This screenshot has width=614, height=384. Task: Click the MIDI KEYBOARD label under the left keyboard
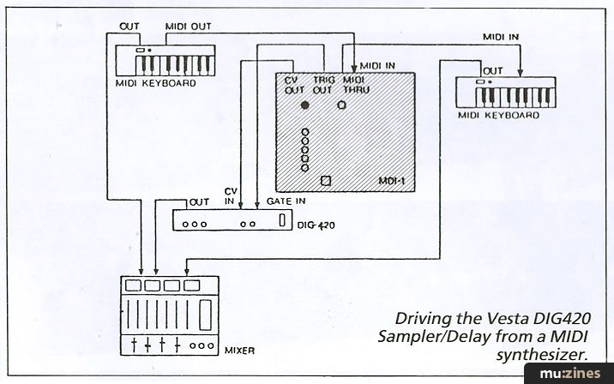pyautogui.click(x=155, y=84)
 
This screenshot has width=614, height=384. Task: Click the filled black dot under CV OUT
pyautogui.click(x=304, y=105)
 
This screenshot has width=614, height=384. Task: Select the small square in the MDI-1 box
pyautogui.click(x=325, y=181)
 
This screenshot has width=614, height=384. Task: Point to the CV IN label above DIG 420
pyautogui.click(x=231, y=195)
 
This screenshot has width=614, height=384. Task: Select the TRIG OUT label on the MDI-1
pyautogui.click(x=322, y=82)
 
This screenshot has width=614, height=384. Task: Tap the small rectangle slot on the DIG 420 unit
pyautogui.click(x=283, y=220)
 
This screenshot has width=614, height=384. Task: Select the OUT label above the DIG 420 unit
pyautogui.click(x=199, y=201)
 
